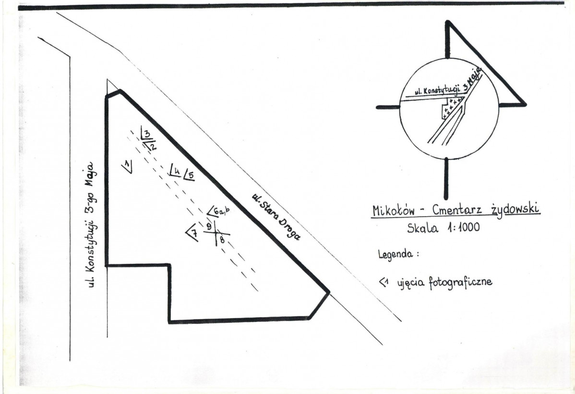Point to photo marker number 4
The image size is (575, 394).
(x=175, y=170)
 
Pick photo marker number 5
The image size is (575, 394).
(x=189, y=174)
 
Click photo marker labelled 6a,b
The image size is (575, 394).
(x=218, y=211)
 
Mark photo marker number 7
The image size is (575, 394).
(x=192, y=233)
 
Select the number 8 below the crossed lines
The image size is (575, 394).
(x=222, y=241)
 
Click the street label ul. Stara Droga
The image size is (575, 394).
(x=276, y=217)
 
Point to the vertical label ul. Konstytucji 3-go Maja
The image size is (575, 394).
(x=92, y=224)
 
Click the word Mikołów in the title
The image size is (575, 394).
(x=394, y=210)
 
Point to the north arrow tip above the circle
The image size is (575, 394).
(x=447, y=23)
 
